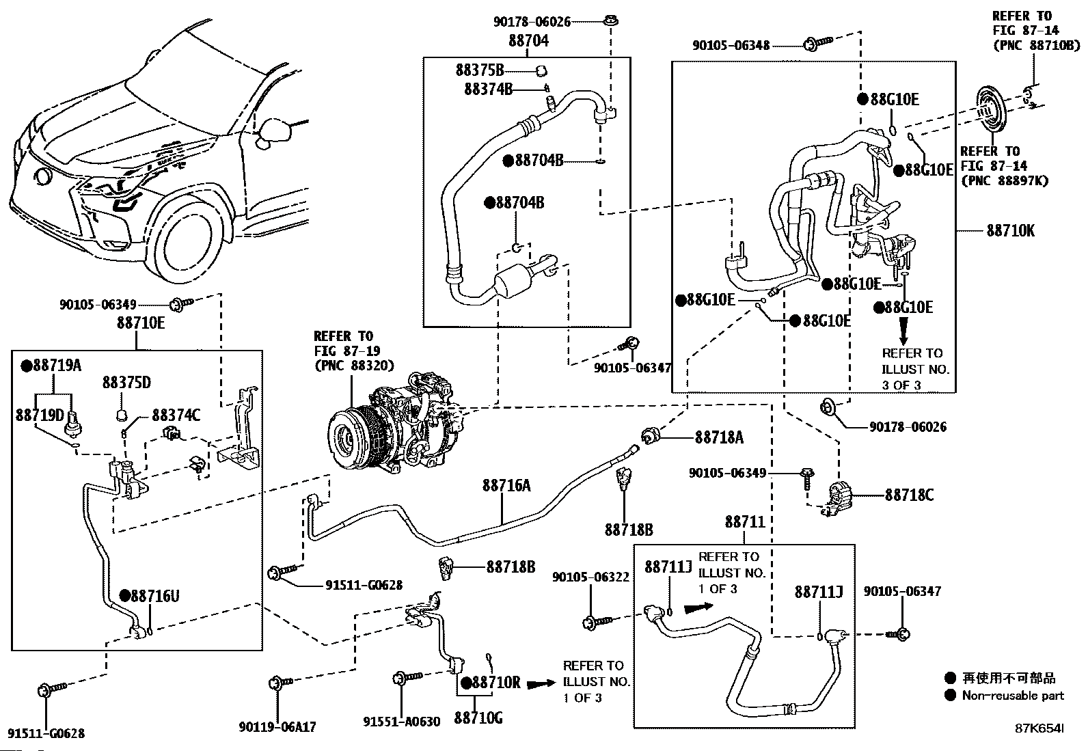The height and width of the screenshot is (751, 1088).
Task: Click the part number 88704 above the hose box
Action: tap(528, 41)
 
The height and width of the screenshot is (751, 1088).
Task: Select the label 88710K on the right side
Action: tap(1010, 231)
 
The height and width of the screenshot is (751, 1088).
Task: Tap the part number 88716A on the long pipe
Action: tap(506, 485)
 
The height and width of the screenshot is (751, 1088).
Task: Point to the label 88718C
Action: tap(909, 495)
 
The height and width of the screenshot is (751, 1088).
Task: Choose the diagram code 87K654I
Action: tap(1039, 729)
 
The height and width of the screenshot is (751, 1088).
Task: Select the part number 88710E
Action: tap(140, 323)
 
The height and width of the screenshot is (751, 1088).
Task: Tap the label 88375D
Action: tap(126, 382)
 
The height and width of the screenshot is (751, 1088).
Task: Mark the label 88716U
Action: tap(154, 596)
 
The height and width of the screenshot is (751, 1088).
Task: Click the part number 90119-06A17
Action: tap(277, 727)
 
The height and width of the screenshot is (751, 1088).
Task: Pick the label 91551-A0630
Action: tap(401, 722)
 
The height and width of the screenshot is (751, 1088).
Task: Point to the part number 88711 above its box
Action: tap(745, 522)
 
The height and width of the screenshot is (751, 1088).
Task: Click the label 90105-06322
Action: tap(590, 577)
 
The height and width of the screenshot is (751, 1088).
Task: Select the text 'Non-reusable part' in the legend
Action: tap(1013, 696)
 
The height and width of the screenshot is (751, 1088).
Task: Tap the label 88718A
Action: tap(719, 437)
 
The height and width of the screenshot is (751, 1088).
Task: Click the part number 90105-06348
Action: tap(731, 45)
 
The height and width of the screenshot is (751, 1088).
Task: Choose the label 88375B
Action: tap(480, 70)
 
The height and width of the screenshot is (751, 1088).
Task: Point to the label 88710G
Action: tap(478, 718)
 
